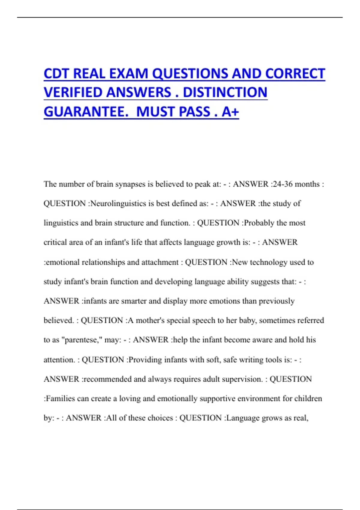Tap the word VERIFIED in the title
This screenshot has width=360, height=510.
tap(73, 92)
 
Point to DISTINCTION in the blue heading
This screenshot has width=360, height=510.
tap(225, 92)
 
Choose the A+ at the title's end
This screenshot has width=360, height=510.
tap(230, 112)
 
